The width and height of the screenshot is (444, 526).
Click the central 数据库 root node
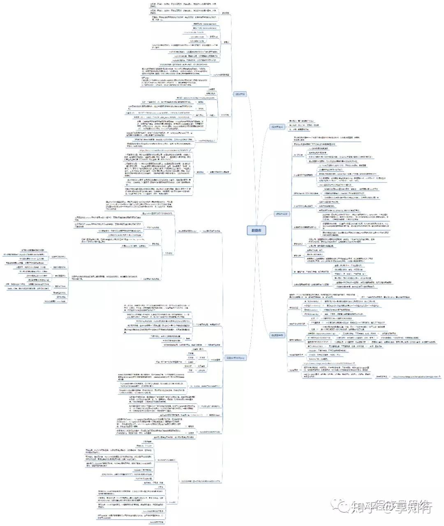point(256,230)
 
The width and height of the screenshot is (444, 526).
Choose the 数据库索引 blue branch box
point(282,214)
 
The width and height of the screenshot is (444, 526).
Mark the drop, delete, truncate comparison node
point(205,386)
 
